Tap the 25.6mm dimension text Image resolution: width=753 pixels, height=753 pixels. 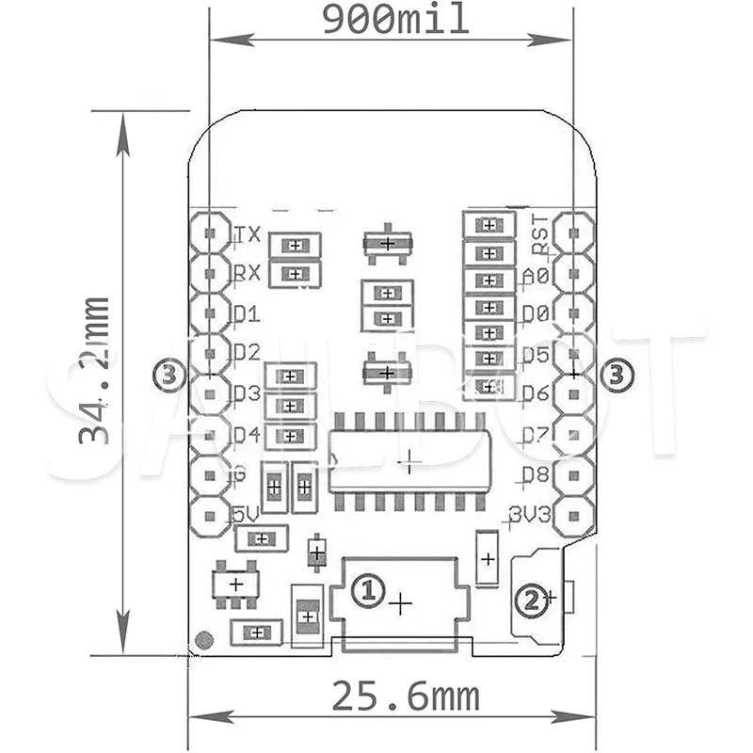coord(405,697)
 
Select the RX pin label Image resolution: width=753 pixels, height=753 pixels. coord(248,274)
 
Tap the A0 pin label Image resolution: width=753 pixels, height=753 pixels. coord(535,276)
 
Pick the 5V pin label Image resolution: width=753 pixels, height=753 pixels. coord(246,514)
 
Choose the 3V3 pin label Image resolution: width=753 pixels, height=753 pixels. coord(529,514)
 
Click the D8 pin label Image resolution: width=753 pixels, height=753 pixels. coord(535,474)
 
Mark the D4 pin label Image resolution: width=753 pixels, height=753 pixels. coord(247,434)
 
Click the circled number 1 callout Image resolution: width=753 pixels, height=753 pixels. coord(368,590)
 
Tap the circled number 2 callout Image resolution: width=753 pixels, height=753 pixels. coord(533,599)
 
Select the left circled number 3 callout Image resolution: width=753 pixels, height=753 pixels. coord(168,376)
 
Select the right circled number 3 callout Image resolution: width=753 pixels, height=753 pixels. coord(617,376)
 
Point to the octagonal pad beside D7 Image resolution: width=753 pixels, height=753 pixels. coord(573,434)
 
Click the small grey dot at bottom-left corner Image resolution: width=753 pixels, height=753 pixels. coord(202,641)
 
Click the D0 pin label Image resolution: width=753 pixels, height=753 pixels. coord(535,313)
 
